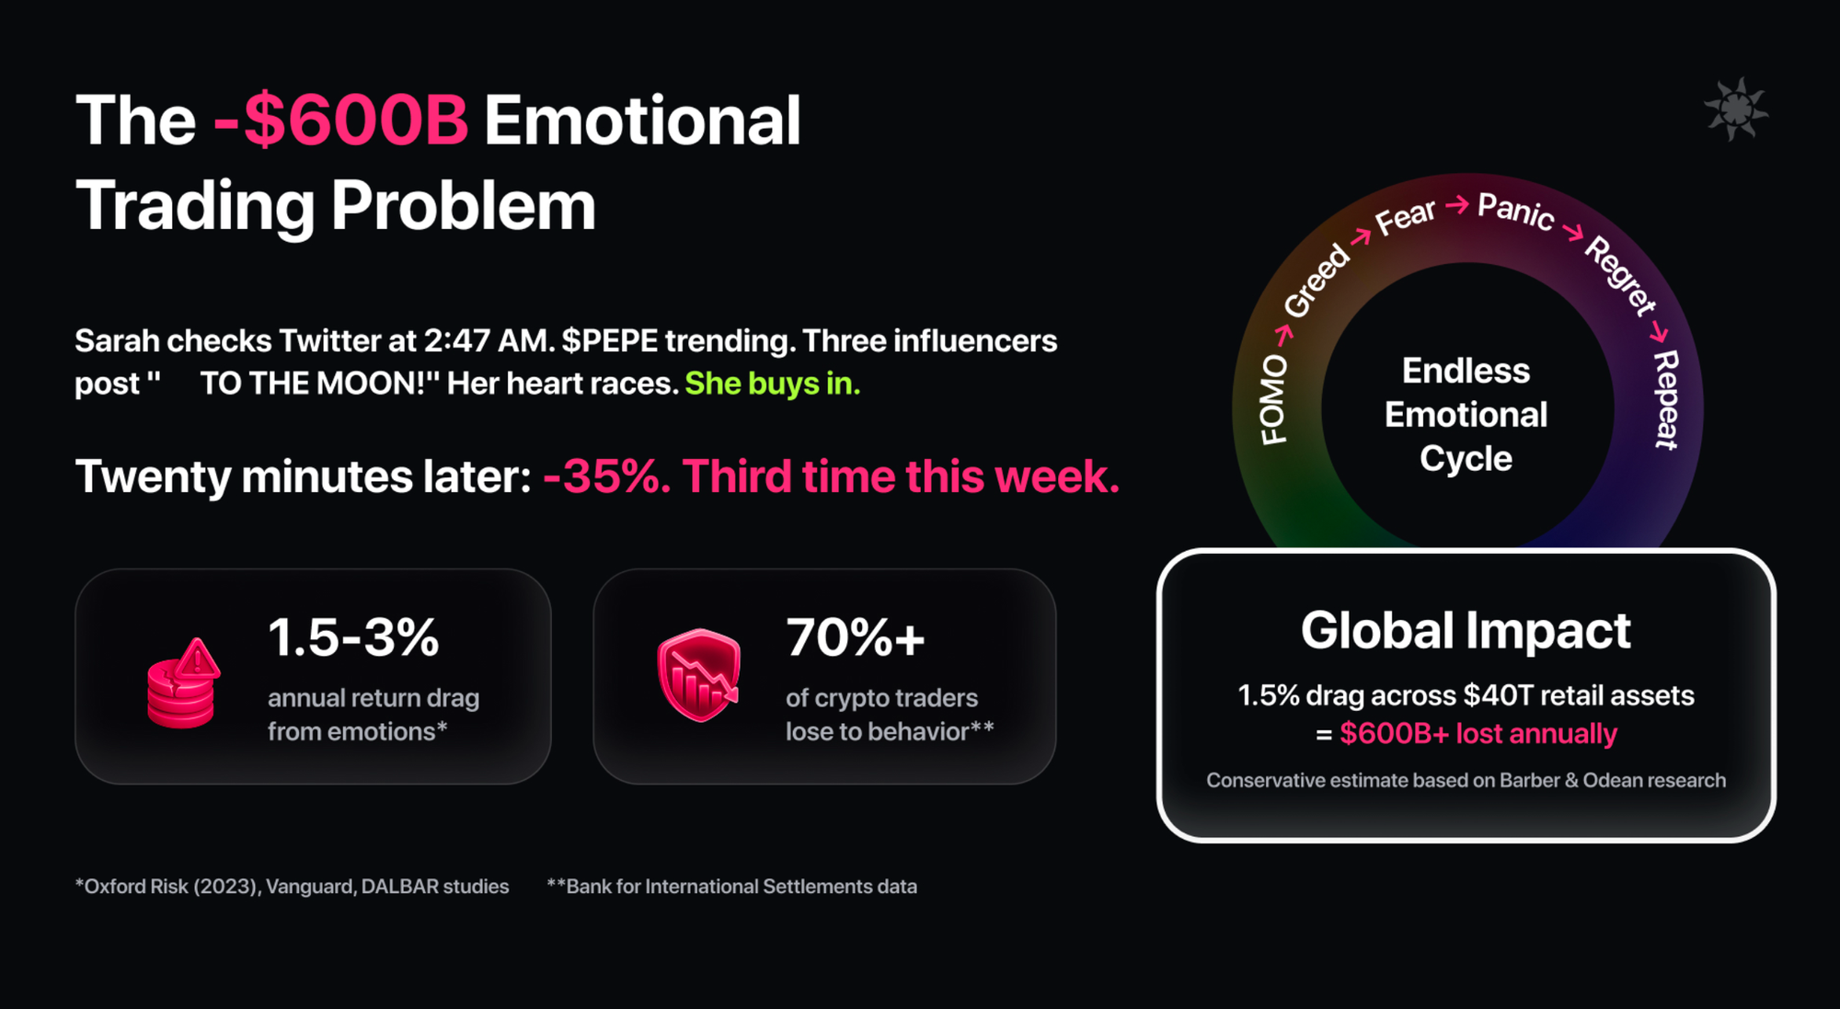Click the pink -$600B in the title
click(340, 120)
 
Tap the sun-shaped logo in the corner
click(1735, 109)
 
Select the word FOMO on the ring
click(1273, 399)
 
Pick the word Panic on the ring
click(1516, 211)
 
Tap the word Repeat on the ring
click(1666, 399)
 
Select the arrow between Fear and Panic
click(1457, 204)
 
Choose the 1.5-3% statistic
click(353, 636)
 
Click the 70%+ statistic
click(855, 636)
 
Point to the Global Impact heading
click(1466, 631)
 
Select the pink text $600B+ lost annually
click(1478, 733)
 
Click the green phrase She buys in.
click(773, 384)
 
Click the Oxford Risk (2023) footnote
click(292, 887)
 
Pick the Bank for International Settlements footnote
click(732, 887)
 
